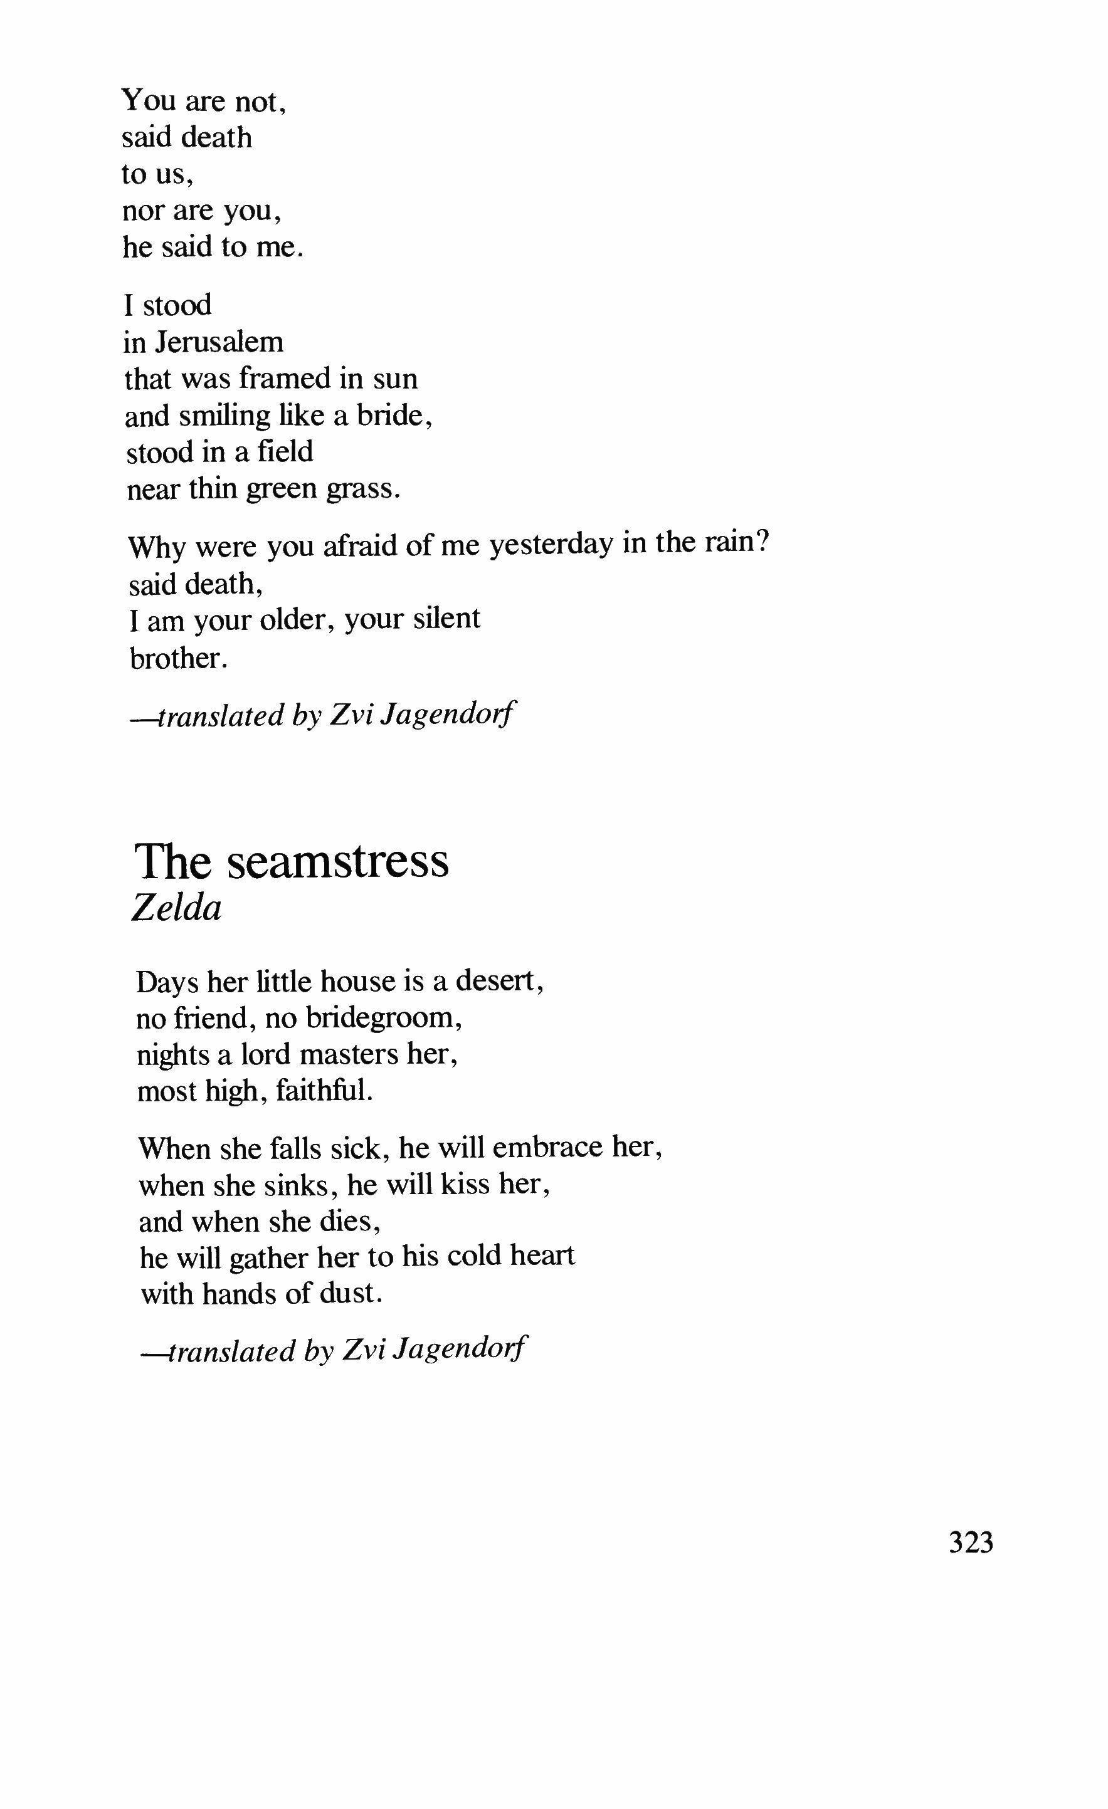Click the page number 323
pyautogui.click(x=971, y=1543)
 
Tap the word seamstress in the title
pyautogui.click(x=337, y=861)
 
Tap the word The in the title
pyautogui.click(x=172, y=861)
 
